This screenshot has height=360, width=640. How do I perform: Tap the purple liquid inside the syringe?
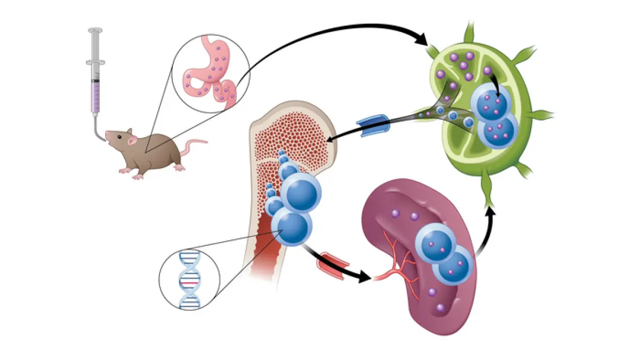tap(96, 96)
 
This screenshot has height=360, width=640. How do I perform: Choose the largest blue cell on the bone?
tap(301, 192)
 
